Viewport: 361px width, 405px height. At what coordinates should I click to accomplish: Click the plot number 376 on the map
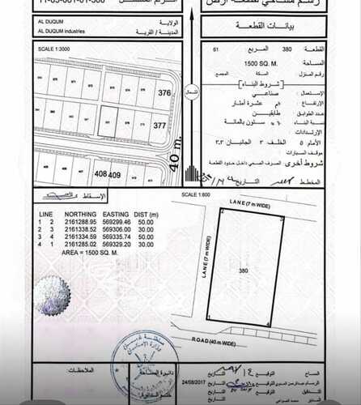pos(165,93)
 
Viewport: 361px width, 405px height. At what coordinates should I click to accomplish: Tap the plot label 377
pos(159,126)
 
